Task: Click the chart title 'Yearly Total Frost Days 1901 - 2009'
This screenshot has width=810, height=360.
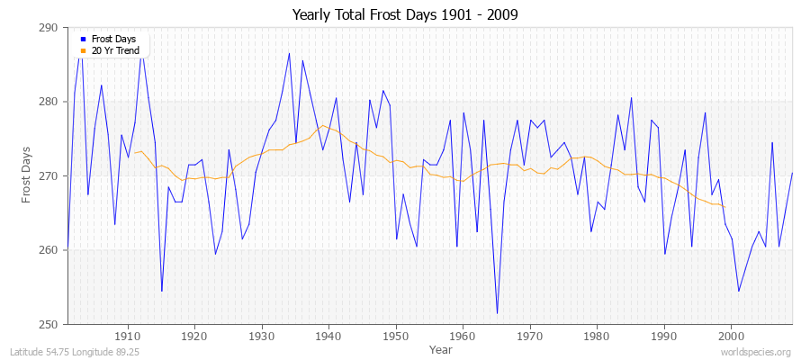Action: pos(405,15)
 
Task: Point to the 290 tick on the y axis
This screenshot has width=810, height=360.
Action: pos(49,28)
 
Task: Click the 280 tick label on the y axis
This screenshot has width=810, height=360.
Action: pos(49,102)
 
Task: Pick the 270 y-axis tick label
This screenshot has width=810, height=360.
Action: pos(49,176)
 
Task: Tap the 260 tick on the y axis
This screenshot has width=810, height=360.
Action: pos(49,250)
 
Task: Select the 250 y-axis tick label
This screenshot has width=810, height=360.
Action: pos(49,324)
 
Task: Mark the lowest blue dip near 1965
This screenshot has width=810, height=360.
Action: pos(497,313)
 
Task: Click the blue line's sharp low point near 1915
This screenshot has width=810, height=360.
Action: pos(161,291)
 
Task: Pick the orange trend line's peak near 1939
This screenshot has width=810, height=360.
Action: pos(323,125)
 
